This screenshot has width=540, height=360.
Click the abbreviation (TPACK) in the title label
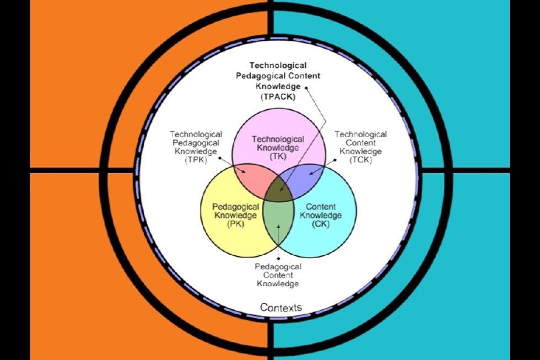[278, 97]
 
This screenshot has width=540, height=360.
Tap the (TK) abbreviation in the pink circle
[278, 157]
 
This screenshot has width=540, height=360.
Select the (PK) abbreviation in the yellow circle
[236, 224]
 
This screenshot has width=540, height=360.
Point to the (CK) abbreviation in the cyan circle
[321, 224]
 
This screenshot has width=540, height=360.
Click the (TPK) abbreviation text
[196, 160]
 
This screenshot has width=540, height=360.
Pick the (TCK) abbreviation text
[360, 160]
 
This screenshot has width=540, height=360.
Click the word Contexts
[281, 307]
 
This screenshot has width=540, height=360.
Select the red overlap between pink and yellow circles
[251, 176]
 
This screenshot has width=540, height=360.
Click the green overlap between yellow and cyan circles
[278, 221]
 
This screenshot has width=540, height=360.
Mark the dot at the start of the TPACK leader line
[306, 88]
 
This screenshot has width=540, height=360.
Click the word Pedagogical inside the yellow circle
[236, 207]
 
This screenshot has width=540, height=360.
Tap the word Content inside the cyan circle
[321, 207]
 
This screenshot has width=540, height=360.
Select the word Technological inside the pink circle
[278, 139]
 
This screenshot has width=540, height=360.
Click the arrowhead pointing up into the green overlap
[278, 227]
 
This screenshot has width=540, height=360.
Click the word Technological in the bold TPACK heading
[278, 66]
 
